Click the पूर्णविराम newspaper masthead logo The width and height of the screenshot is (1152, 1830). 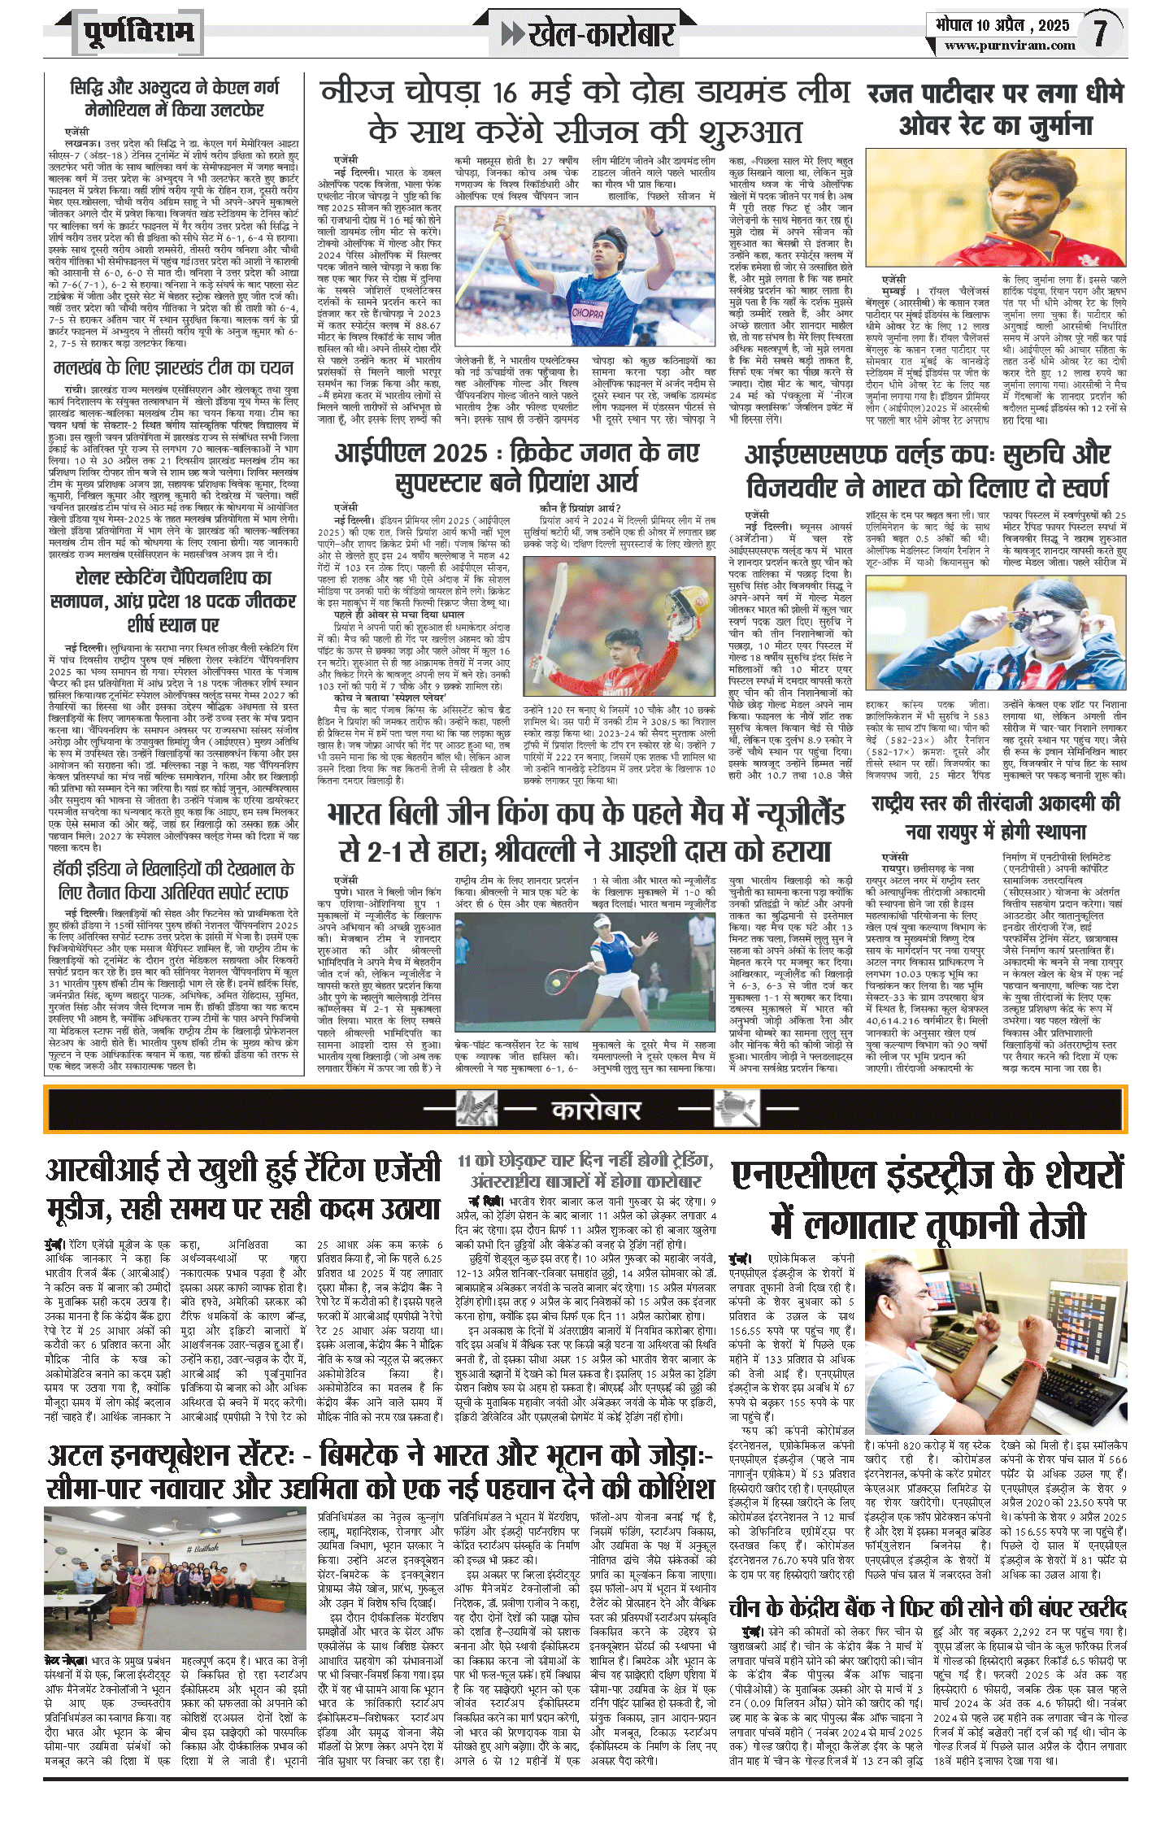[x=138, y=33]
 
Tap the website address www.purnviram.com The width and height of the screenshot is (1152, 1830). [x=1010, y=46]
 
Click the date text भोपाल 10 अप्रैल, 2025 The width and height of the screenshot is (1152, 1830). [x=1001, y=24]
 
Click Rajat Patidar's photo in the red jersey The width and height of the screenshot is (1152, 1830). [x=996, y=207]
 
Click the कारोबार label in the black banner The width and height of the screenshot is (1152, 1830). [x=596, y=1110]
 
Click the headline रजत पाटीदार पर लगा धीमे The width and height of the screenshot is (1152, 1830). [x=995, y=94]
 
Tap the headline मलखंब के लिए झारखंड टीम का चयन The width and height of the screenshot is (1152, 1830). [x=173, y=367]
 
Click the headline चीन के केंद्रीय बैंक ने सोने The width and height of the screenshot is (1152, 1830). [x=927, y=1607]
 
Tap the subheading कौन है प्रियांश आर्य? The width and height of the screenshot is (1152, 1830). [x=580, y=508]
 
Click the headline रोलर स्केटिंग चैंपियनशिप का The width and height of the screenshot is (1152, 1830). [x=173, y=578]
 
